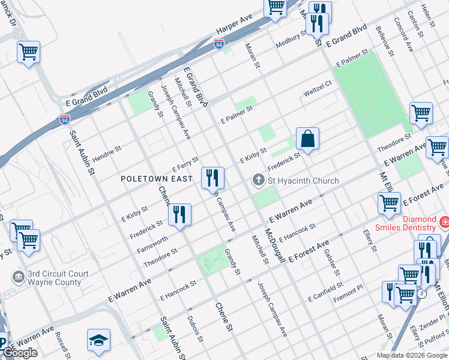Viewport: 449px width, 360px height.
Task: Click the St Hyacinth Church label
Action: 303,181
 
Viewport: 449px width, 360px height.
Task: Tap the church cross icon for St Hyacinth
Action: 259,180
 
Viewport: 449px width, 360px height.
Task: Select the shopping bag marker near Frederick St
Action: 307,139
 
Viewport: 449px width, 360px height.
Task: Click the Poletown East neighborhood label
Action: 157,179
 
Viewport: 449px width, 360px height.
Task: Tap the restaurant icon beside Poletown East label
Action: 212,178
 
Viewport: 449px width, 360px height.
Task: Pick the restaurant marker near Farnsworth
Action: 179,215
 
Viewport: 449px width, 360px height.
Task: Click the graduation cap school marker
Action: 99,340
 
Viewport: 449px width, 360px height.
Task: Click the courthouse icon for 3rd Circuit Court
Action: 18,277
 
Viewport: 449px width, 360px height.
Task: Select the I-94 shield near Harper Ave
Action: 219,44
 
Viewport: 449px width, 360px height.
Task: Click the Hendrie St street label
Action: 107,152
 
